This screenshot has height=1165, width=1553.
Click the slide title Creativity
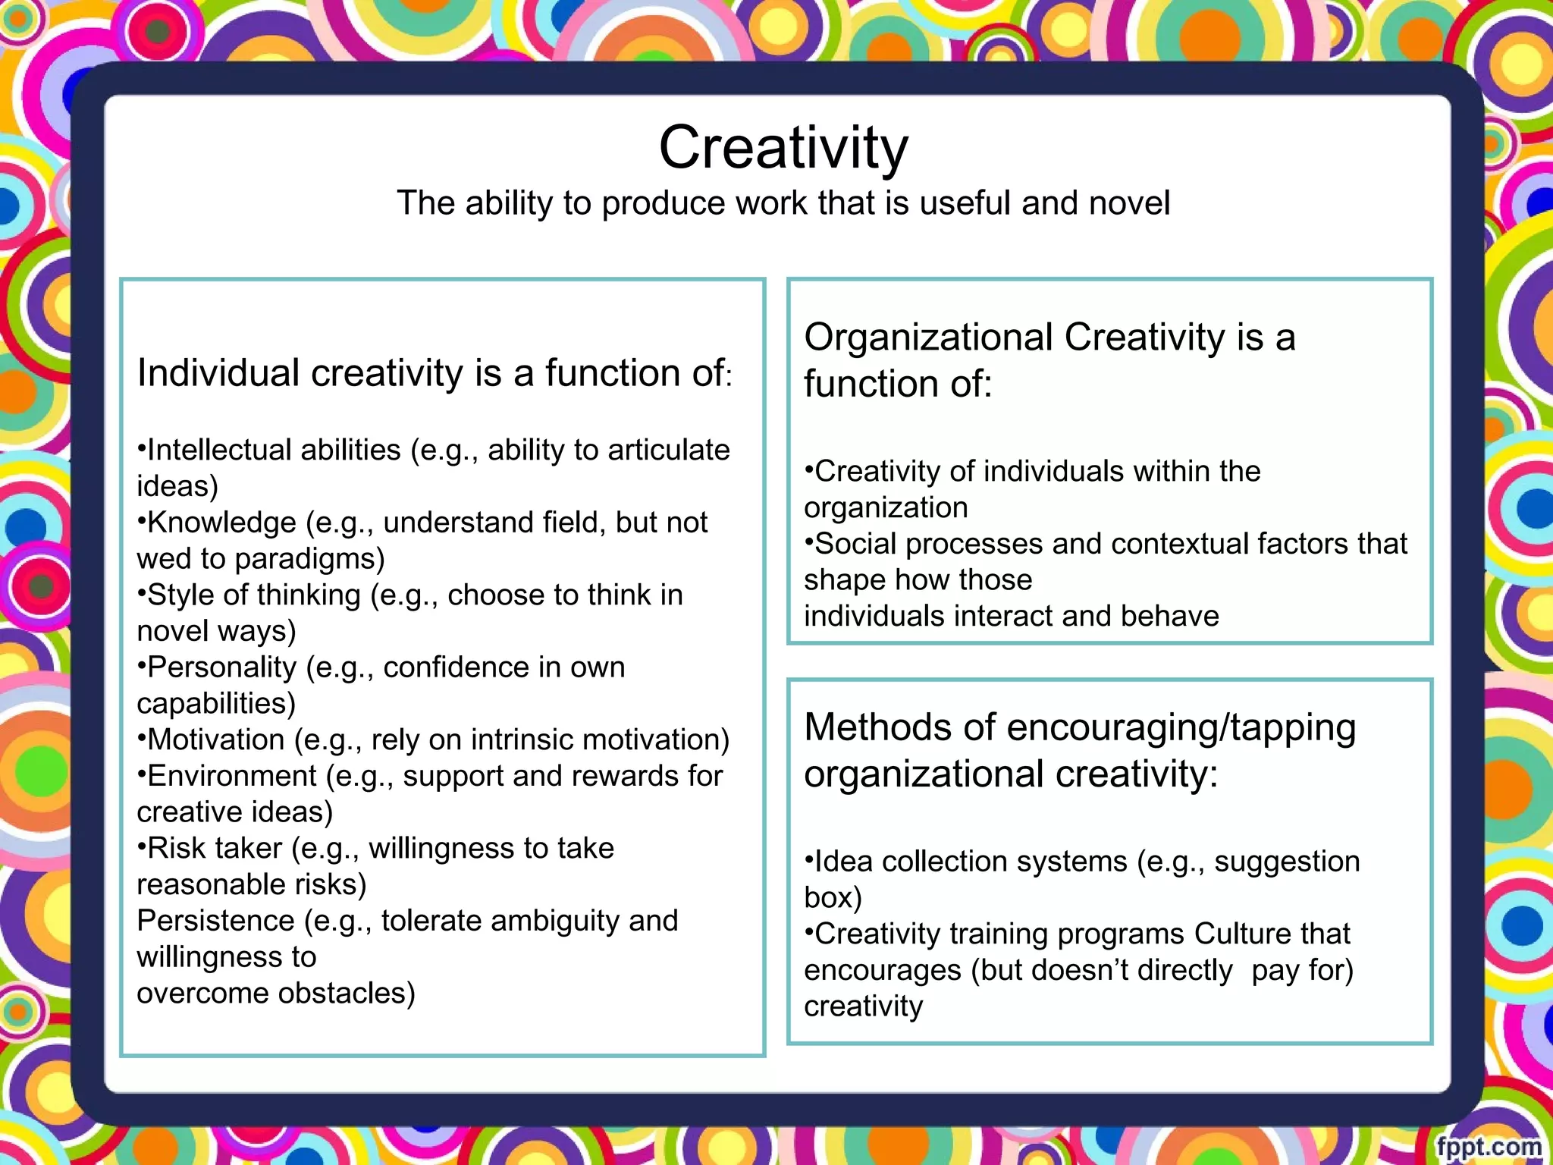783,147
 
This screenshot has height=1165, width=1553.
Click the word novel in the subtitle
1129,203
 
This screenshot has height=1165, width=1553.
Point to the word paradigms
310,559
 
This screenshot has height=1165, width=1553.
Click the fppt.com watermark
1489,1146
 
